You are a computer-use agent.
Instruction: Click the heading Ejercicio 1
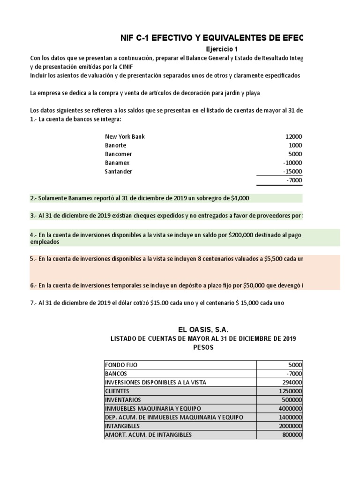click(226, 49)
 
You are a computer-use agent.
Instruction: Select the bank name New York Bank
click(125, 136)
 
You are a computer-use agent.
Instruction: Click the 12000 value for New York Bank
click(293, 136)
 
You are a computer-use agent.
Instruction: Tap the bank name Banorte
click(116, 145)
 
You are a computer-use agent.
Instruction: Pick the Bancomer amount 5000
click(295, 154)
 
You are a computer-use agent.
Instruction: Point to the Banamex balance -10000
click(292, 163)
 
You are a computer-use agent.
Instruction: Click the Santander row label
click(119, 172)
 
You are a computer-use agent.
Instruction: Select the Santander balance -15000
click(292, 172)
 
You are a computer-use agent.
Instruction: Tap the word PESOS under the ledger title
click(203, 348)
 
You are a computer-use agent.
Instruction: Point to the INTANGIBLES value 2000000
click(290, 426)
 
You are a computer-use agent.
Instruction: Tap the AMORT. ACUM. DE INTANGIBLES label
click(149, 435)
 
